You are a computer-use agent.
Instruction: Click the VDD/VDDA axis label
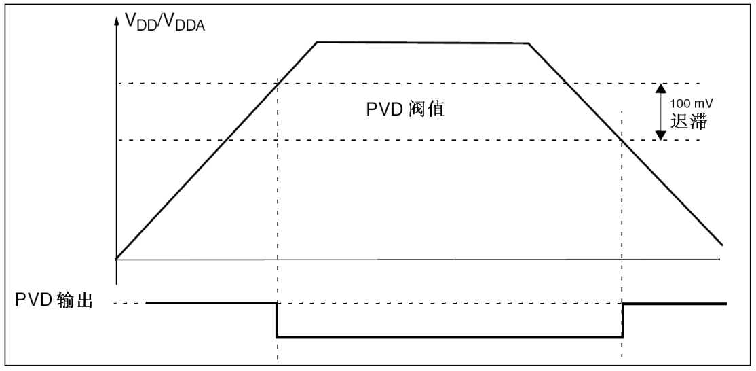tap(165, 22)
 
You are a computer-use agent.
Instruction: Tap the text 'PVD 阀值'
tap(405, 109)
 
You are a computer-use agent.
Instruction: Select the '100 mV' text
tap(692, 103)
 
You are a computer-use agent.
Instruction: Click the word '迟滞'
tap(689, 122)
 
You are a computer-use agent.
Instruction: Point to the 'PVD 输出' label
tap(54, 300)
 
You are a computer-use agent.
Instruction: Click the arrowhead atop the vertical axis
tap(116, 21)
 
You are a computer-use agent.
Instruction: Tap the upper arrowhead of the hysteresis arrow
tap(660, 88)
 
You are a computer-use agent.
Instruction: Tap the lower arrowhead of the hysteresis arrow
tap(660, 135)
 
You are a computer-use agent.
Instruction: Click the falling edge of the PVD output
tap(278, 320)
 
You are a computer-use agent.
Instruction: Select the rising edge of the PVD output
tap(622, 320)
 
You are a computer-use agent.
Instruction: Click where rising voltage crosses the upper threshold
tap(278, 84)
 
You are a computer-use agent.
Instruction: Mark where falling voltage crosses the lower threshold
tap(622, 140)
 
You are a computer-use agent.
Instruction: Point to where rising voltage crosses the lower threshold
tap(225, 140)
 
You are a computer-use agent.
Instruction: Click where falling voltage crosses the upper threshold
tap(567, 84)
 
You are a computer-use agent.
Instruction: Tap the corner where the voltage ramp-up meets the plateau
tap(317, 42)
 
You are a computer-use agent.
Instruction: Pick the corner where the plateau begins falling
tap(529, 43)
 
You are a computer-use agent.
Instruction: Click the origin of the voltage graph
tap(116, 260)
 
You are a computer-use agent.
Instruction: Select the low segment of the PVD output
tap(450, 337)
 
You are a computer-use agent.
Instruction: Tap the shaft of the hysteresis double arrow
tap(660, 112)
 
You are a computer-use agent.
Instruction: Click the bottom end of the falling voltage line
tap(722, 245)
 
